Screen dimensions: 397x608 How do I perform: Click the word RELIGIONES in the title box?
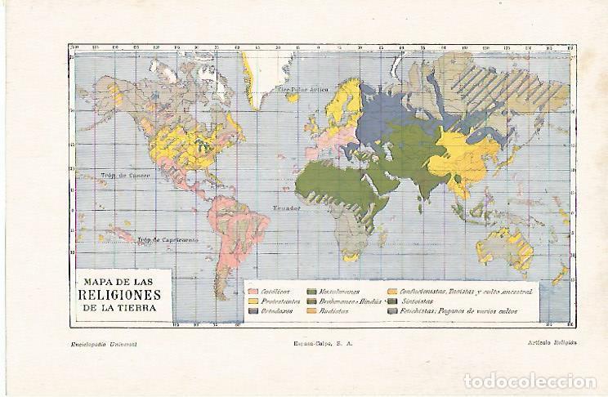pos(119,296)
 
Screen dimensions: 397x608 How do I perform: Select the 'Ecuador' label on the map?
pos(287,207)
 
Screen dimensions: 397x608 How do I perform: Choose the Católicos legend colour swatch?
pos(253,292)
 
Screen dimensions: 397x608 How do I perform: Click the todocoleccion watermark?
pos(530,381)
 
